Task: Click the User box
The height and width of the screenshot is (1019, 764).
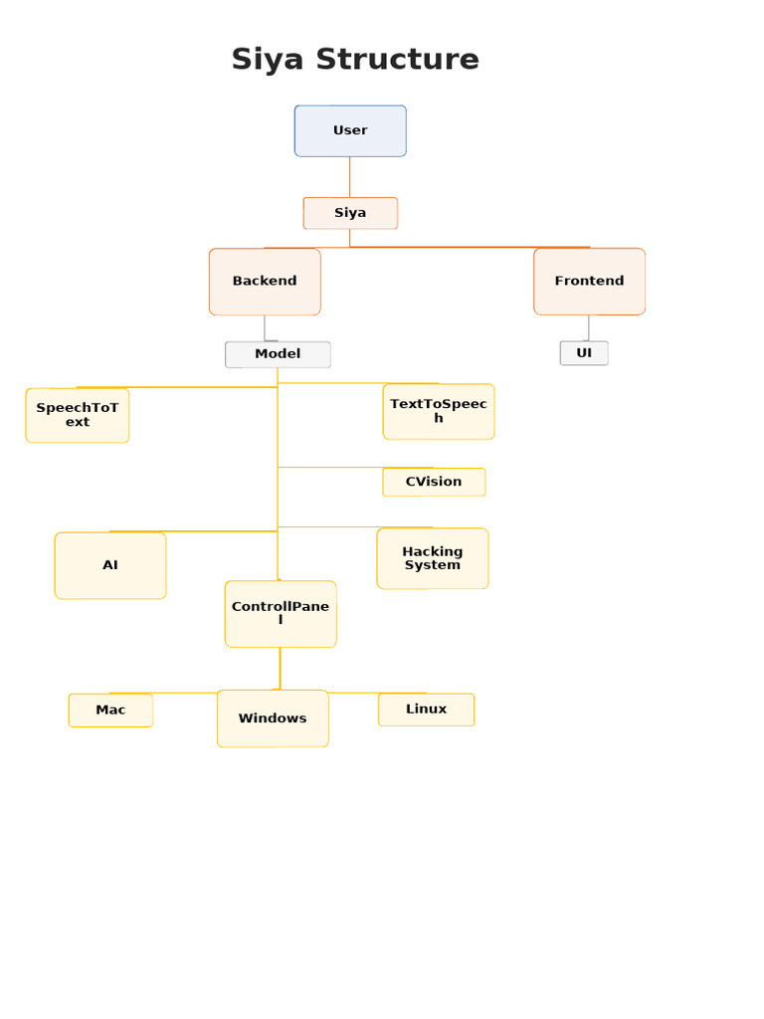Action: point(350,130)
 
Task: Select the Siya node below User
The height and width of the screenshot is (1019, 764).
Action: point(350,213)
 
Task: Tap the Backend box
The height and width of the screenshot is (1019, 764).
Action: point(265,282)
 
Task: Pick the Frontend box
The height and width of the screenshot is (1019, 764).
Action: point(589,282)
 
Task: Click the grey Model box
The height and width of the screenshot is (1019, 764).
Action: point(278,354)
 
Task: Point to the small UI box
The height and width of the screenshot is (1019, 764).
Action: point(584,353)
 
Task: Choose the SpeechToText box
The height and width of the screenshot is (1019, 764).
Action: point(78,415)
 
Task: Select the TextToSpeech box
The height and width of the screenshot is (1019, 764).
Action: point(439,411)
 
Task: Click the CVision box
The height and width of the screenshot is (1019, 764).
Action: point(434,482)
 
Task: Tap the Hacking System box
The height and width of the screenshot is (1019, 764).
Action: point(433,558)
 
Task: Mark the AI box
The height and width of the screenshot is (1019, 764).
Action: point(110,565)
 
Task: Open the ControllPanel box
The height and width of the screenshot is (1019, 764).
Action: point(281,613)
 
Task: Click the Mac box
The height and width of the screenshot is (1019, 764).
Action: point(110,710)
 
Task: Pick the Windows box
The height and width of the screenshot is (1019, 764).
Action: point(273,718)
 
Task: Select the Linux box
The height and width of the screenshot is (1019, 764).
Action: point(426,709)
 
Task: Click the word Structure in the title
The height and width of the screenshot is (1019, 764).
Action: point(398,59)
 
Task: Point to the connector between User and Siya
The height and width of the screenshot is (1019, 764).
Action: point(349,177)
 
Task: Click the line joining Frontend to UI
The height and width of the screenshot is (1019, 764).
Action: point(589,328)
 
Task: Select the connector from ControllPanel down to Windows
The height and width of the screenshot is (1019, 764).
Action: point(280,668)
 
